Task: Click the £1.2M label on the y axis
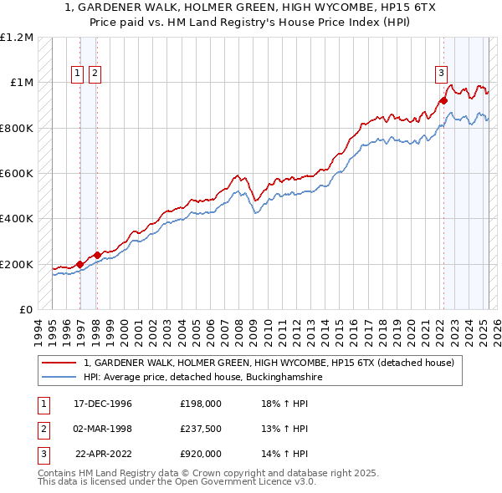17,38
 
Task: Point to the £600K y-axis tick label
17,174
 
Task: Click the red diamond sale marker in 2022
443,101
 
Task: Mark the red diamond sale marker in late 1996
80,265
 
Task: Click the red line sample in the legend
59,363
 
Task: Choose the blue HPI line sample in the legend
59,378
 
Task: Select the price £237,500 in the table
201,429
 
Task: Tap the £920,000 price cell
201,454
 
